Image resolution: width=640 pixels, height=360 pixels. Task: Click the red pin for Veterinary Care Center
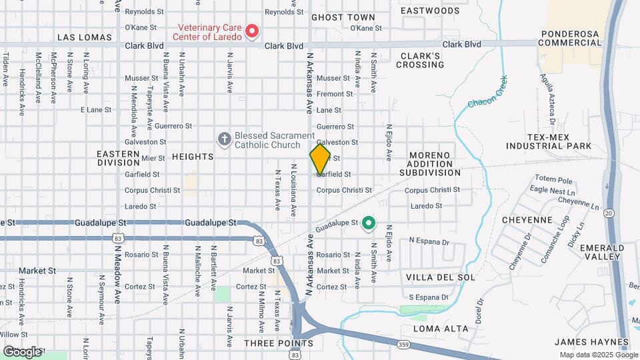[x=252, y=31]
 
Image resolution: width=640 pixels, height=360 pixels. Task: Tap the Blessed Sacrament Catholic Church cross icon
[x=225, y=139]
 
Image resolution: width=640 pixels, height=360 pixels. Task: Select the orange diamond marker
[x=320, y=159]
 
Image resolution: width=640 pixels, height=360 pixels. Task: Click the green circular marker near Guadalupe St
[x=368, y=223]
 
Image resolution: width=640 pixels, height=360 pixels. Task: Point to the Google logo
[x=21, y=351]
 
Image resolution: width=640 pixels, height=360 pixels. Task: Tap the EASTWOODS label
[x=430, y=11]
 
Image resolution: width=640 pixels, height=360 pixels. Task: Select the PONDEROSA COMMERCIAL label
[x=573, y=38]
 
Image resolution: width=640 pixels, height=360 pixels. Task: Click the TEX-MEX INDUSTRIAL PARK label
[x=559, y=141]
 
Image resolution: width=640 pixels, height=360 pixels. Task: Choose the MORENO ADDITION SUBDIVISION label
[x=430, y=163]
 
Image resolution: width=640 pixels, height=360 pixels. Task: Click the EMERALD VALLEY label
[x=602, y=252]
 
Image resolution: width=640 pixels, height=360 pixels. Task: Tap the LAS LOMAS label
[x=84, y=37]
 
